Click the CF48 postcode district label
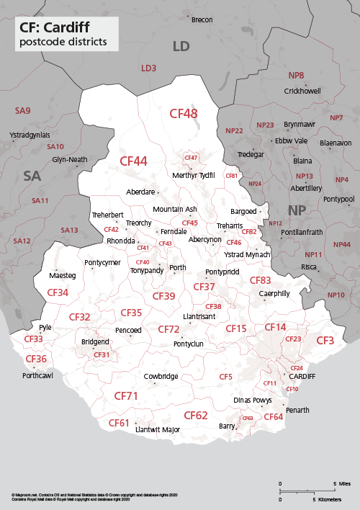[x=183, y=113]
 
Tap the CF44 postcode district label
[x=133, y=161]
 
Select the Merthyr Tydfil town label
[x=194, y=175]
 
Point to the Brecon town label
[x=202, y=19]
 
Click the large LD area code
[x=181, y=47]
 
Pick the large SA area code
[x=32, y=176]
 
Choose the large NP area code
[x=297, y=210]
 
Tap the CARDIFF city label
[x=302, y=376]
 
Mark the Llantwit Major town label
[x=158, y=429]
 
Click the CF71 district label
[x=126, y=396]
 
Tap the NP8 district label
[x=296, y=75]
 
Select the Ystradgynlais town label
[x=30, y=135]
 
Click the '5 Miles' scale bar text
[x=341, y=483]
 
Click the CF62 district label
[x=195, y=415]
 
